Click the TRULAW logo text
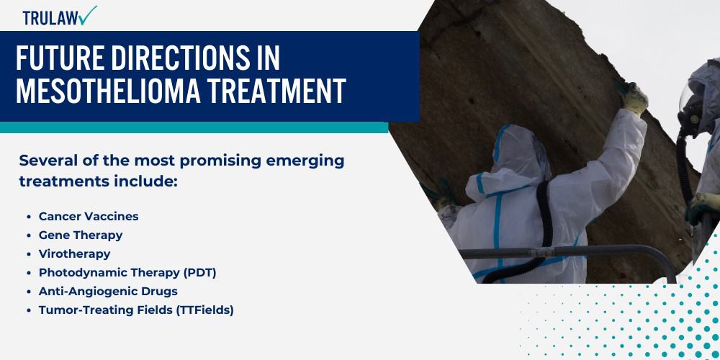pos(49,17)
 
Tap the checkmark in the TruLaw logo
pos(88,14)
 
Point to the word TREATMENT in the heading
pos(271,91)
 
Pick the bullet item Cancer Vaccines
pos(89,216)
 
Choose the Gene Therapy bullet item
pos(81,235)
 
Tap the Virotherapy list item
pos(75,253)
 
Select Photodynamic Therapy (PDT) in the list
pos(127,272)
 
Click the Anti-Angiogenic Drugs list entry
pos(108,291)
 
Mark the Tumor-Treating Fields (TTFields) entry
pos(136,310)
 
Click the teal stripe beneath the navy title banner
pos(194,127)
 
